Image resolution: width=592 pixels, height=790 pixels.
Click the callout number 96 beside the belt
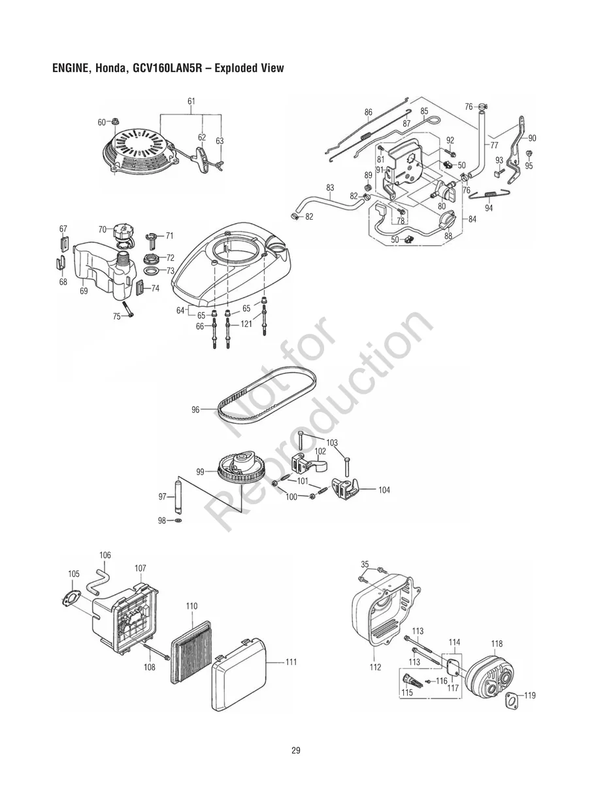point(195,410)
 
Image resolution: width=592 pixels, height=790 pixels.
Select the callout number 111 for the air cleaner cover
point(290,662)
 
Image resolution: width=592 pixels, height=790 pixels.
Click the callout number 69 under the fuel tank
point(84,292)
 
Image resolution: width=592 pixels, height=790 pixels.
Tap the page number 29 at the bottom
point(296,750)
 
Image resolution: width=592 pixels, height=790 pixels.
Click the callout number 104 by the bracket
point(384,489)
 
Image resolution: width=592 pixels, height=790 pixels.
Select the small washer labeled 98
point(178,521)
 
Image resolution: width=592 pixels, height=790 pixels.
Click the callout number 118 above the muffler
point(497,644)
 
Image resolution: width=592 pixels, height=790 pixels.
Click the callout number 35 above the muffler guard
point(365,564)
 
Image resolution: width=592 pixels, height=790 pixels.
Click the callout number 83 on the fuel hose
point(330,188)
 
